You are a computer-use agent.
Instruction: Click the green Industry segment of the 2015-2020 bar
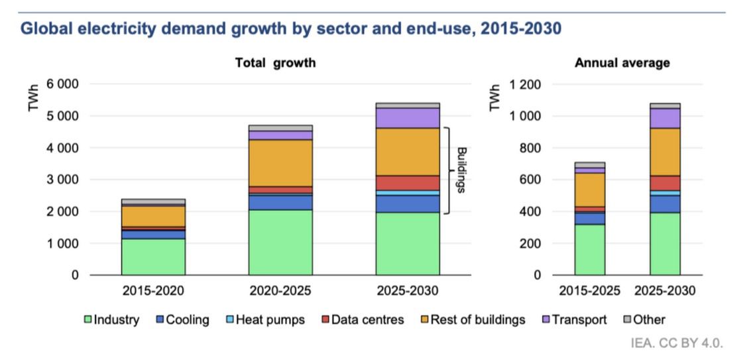click(153, 257)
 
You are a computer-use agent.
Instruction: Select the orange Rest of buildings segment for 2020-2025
click(280, 163)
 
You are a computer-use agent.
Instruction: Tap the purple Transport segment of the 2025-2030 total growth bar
click(408, 118)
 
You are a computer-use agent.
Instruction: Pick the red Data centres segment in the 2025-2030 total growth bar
click(408, 183)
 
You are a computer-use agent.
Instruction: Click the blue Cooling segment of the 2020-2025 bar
click(280, 202)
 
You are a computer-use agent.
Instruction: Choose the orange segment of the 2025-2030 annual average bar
click(665, 152)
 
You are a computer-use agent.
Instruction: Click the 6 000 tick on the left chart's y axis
click(62, 84)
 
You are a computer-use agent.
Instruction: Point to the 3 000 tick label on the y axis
click(62, 180)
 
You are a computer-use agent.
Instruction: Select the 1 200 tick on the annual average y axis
click(526, 84)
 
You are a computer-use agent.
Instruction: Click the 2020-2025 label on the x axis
click(280, 290)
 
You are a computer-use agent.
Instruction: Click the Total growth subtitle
click(275, 63)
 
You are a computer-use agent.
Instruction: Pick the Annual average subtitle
click(622, 63)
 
